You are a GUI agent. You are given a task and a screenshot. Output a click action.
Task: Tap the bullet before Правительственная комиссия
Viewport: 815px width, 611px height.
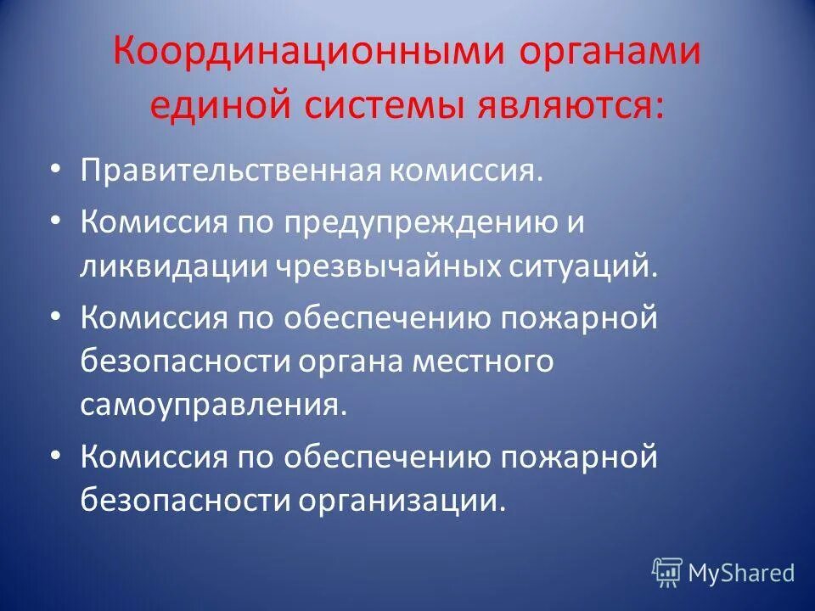tap(55, 170)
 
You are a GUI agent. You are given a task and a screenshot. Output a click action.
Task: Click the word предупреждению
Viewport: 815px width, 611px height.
tap(418, 225)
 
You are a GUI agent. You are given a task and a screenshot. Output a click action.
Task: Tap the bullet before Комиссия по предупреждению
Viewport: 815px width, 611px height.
tap(55, 222)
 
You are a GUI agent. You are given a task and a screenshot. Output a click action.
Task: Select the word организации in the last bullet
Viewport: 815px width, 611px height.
tap(396, 499)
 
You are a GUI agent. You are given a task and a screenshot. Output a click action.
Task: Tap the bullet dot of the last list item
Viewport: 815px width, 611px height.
tap(55, 455)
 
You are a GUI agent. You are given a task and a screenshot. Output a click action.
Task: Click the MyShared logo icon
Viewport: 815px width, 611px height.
tap(667, 573)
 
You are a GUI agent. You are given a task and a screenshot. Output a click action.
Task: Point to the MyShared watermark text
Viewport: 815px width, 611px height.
tap(740, 574)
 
